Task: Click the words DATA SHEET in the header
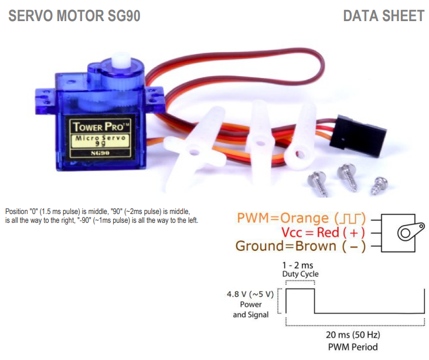[383, 16]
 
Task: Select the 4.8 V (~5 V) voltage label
[250, 294]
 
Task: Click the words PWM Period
[353, 347]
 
